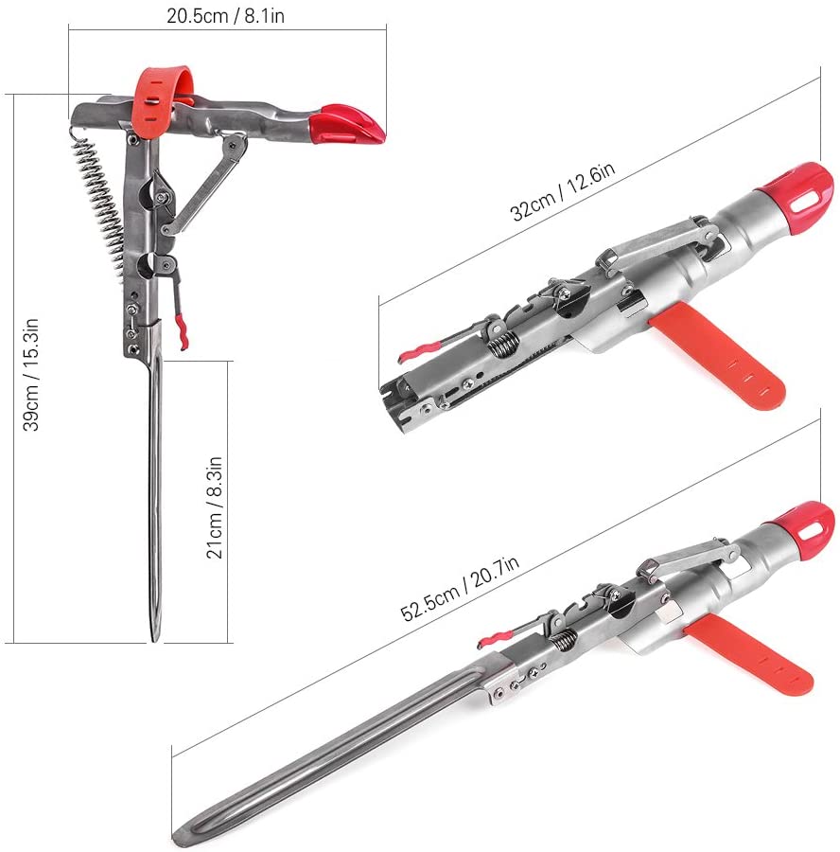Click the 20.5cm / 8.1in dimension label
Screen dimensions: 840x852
click(225, 15)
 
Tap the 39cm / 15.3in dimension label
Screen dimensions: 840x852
click(30, 375)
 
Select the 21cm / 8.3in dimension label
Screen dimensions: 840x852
click(215, 507)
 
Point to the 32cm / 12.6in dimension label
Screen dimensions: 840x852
click(563, 190)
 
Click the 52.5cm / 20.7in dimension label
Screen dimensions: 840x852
click(460, 589)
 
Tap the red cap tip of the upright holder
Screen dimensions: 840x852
click(346, 125)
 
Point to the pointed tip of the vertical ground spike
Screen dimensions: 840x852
click(155, 640)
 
